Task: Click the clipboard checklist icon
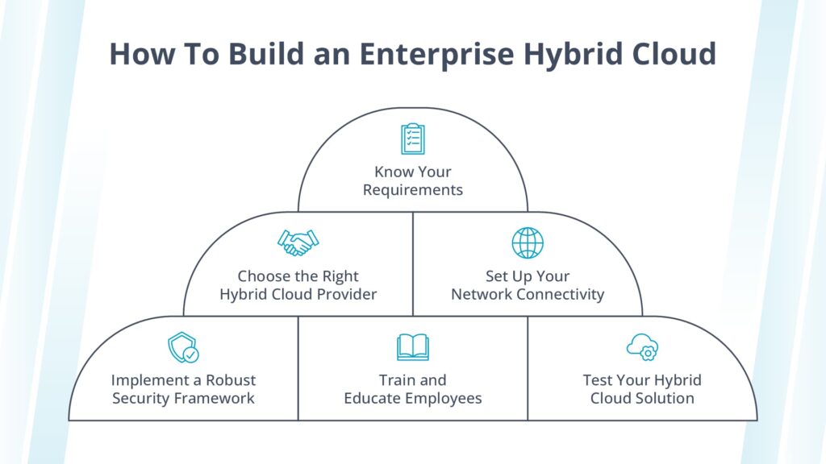coord(413,139)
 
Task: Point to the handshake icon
coord(298,242)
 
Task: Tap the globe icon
coord(528,242)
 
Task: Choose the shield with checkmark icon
coord(183,347)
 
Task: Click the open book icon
coord(413,347)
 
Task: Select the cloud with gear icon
coord(642,347)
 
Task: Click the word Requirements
coord(413,190)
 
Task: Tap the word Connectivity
coord(561,294)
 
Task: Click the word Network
coord(482,294)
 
